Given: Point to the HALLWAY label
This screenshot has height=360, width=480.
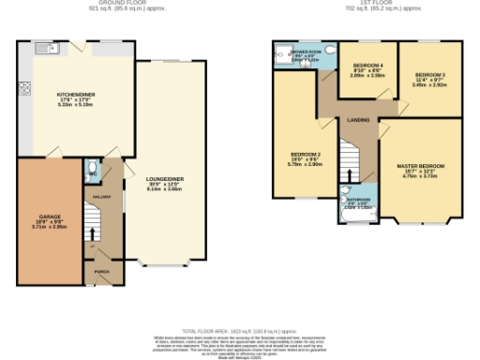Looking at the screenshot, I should pyautogui.click(x=103, y=197).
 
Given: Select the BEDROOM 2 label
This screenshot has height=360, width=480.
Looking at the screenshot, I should pyautogui.click(x=306, y=154).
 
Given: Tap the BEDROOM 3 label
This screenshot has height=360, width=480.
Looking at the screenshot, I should pyautogui.click(x=430, y=74).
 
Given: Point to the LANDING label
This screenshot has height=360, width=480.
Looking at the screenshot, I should pyautogui.click(x=357, y=120).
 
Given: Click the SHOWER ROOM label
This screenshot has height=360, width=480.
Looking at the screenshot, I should pyautogui.click(x=306, y=52).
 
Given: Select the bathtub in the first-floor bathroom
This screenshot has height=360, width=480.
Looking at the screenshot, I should pyautogui.click(x=356, y=217).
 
